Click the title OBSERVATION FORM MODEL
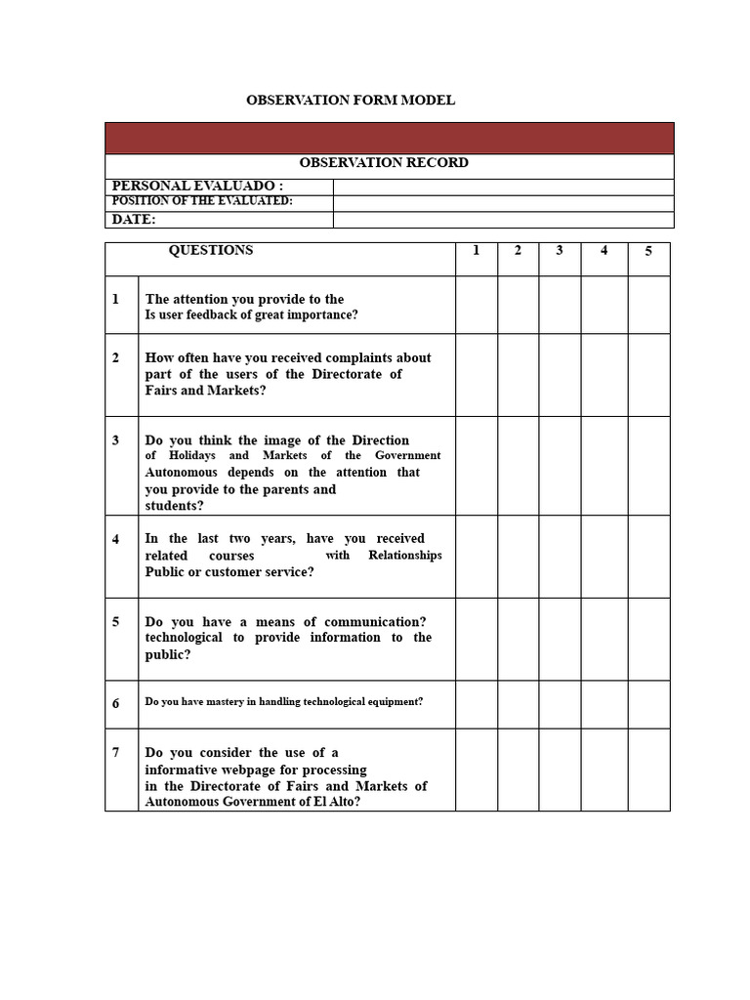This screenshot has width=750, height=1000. tap(350, 101)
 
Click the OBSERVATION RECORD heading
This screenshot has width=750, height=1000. tap(384, 163)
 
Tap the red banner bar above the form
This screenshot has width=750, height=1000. tap(389, 138)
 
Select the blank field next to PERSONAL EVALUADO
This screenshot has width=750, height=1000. tap(503, 187)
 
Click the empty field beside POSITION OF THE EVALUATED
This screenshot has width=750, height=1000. tap(503, 203)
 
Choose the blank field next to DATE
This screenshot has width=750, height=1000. tap(503, 220)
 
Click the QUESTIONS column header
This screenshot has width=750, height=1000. tap(211, 251)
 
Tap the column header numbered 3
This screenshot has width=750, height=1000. tap(560, 251)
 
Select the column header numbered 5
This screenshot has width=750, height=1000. tap(648, 252)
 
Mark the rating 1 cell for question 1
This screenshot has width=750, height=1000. tap(477, 305)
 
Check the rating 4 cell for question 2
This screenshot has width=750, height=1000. tap(604, 375)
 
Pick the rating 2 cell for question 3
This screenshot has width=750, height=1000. tap(518, 466)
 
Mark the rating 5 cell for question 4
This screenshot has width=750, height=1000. tap(648, 556)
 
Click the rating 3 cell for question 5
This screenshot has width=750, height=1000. tap(560, 639)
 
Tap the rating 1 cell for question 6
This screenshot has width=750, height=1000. tap(477, 704)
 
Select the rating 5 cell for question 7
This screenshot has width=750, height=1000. tap(648, 770)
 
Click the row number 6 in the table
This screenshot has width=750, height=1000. tap(116, 703)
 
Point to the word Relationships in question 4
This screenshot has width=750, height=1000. tap(405, 556)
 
